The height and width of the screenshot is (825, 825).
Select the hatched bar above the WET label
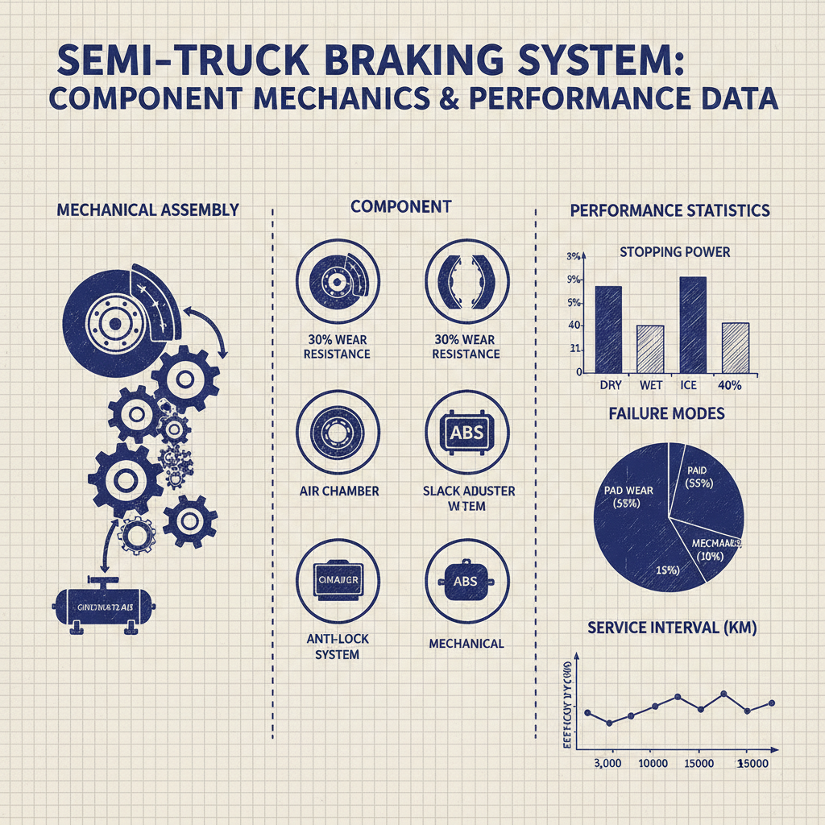pos(650,349)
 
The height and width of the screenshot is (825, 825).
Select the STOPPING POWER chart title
pos(674,252)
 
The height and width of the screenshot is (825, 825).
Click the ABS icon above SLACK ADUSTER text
pos(466,433)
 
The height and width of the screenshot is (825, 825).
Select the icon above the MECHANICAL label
pos(466,581)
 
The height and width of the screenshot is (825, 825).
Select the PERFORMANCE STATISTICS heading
pos(670,210)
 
